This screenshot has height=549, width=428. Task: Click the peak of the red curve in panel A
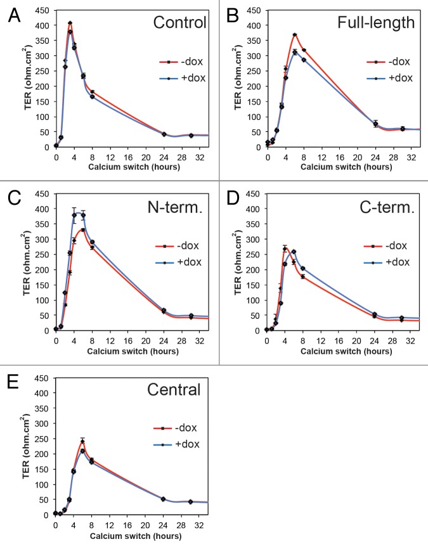[70, 23]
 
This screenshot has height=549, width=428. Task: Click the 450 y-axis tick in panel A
[43, 11]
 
